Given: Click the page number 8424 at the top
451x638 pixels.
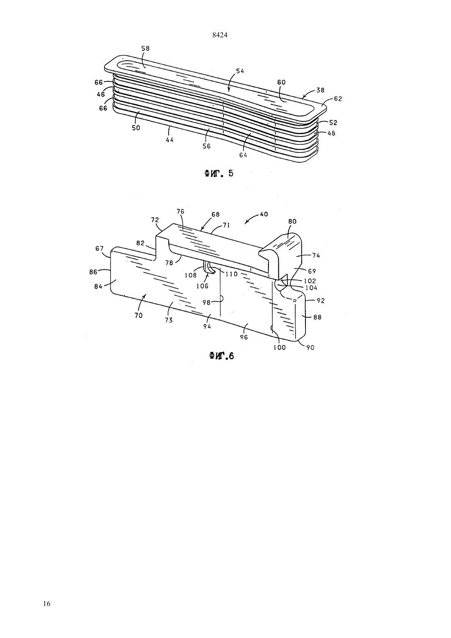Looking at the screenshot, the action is (x=220, y=35).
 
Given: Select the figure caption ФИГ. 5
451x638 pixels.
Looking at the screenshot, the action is (x=219, y=173).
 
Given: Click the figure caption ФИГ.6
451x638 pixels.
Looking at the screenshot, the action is (x=221, y=356).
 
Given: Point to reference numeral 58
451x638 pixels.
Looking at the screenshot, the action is (x=145, y=48).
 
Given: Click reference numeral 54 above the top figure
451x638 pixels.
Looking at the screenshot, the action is (x=240, y=71).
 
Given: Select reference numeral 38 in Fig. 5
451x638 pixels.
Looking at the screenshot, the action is (x=320, y=90).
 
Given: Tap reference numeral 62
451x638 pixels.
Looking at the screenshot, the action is (x=338, y=98).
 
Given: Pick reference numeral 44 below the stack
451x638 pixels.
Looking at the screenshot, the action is (x=170, y=140).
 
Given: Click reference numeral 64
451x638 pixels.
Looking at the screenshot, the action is (x=243, y=155).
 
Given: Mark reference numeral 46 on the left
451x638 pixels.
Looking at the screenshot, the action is (x=101, y=94).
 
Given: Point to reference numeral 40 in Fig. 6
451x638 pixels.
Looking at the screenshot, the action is (x=264, y=214).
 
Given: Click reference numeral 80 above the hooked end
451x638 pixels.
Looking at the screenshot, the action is (x=292, y=221).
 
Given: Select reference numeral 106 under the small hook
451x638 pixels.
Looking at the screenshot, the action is (x=203, y=286).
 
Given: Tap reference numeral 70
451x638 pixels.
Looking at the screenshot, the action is (x=139, y=315).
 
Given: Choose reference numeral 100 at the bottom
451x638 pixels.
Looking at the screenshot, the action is (x=280, y=347).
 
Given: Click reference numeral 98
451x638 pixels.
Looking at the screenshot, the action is (x=206, y=302).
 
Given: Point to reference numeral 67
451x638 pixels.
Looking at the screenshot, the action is (x=99, y=248).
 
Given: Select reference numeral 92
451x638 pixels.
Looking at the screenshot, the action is (x=321, y=301).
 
